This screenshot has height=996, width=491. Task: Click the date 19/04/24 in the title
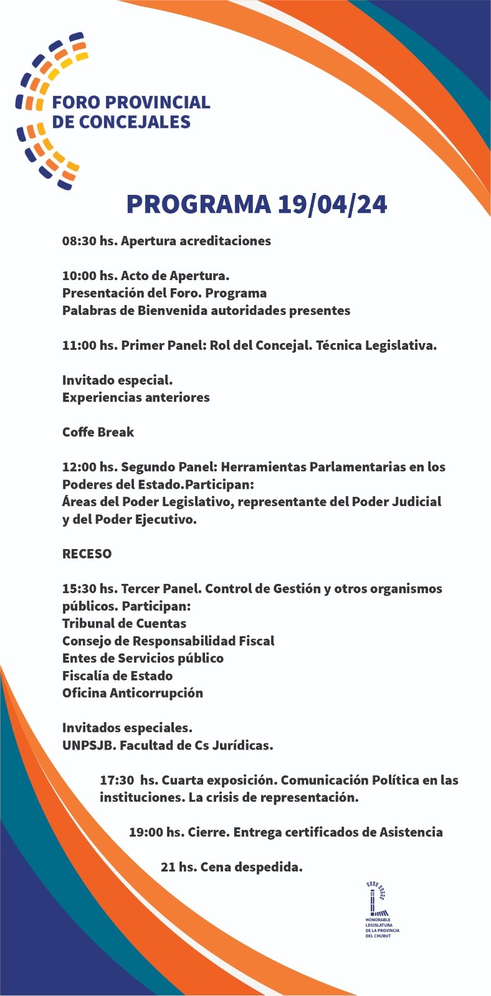click(x=332, y=205)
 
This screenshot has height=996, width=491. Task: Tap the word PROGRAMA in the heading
click(x=199, y=205)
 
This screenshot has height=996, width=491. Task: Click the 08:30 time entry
click(x=80, y=241)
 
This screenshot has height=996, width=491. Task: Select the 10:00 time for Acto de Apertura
click(x=80, y=276)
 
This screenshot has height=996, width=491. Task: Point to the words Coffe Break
click(x=98, y=432)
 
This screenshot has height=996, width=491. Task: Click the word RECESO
click(x=87, y=553)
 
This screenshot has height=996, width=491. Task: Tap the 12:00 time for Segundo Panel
click(x=80, y=467)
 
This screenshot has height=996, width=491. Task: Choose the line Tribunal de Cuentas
click(x=124, y=623)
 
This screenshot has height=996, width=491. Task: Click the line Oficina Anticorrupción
click(x=132, y=693)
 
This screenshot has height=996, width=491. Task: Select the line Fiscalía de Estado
click(x=117, y=675)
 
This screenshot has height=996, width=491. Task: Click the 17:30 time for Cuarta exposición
click(x=117, y=780)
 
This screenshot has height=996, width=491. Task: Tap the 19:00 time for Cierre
click(x=147, y=832)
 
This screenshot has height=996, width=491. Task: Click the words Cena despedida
click(x=251, y=867)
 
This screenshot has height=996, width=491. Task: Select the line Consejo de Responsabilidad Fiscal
click(x=168, y=641)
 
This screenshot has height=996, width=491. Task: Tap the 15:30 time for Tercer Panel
click(x=80, y=589)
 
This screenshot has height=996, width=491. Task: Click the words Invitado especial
click(x=117, y=380)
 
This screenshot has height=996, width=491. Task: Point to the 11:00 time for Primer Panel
click(x=80, y=345)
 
